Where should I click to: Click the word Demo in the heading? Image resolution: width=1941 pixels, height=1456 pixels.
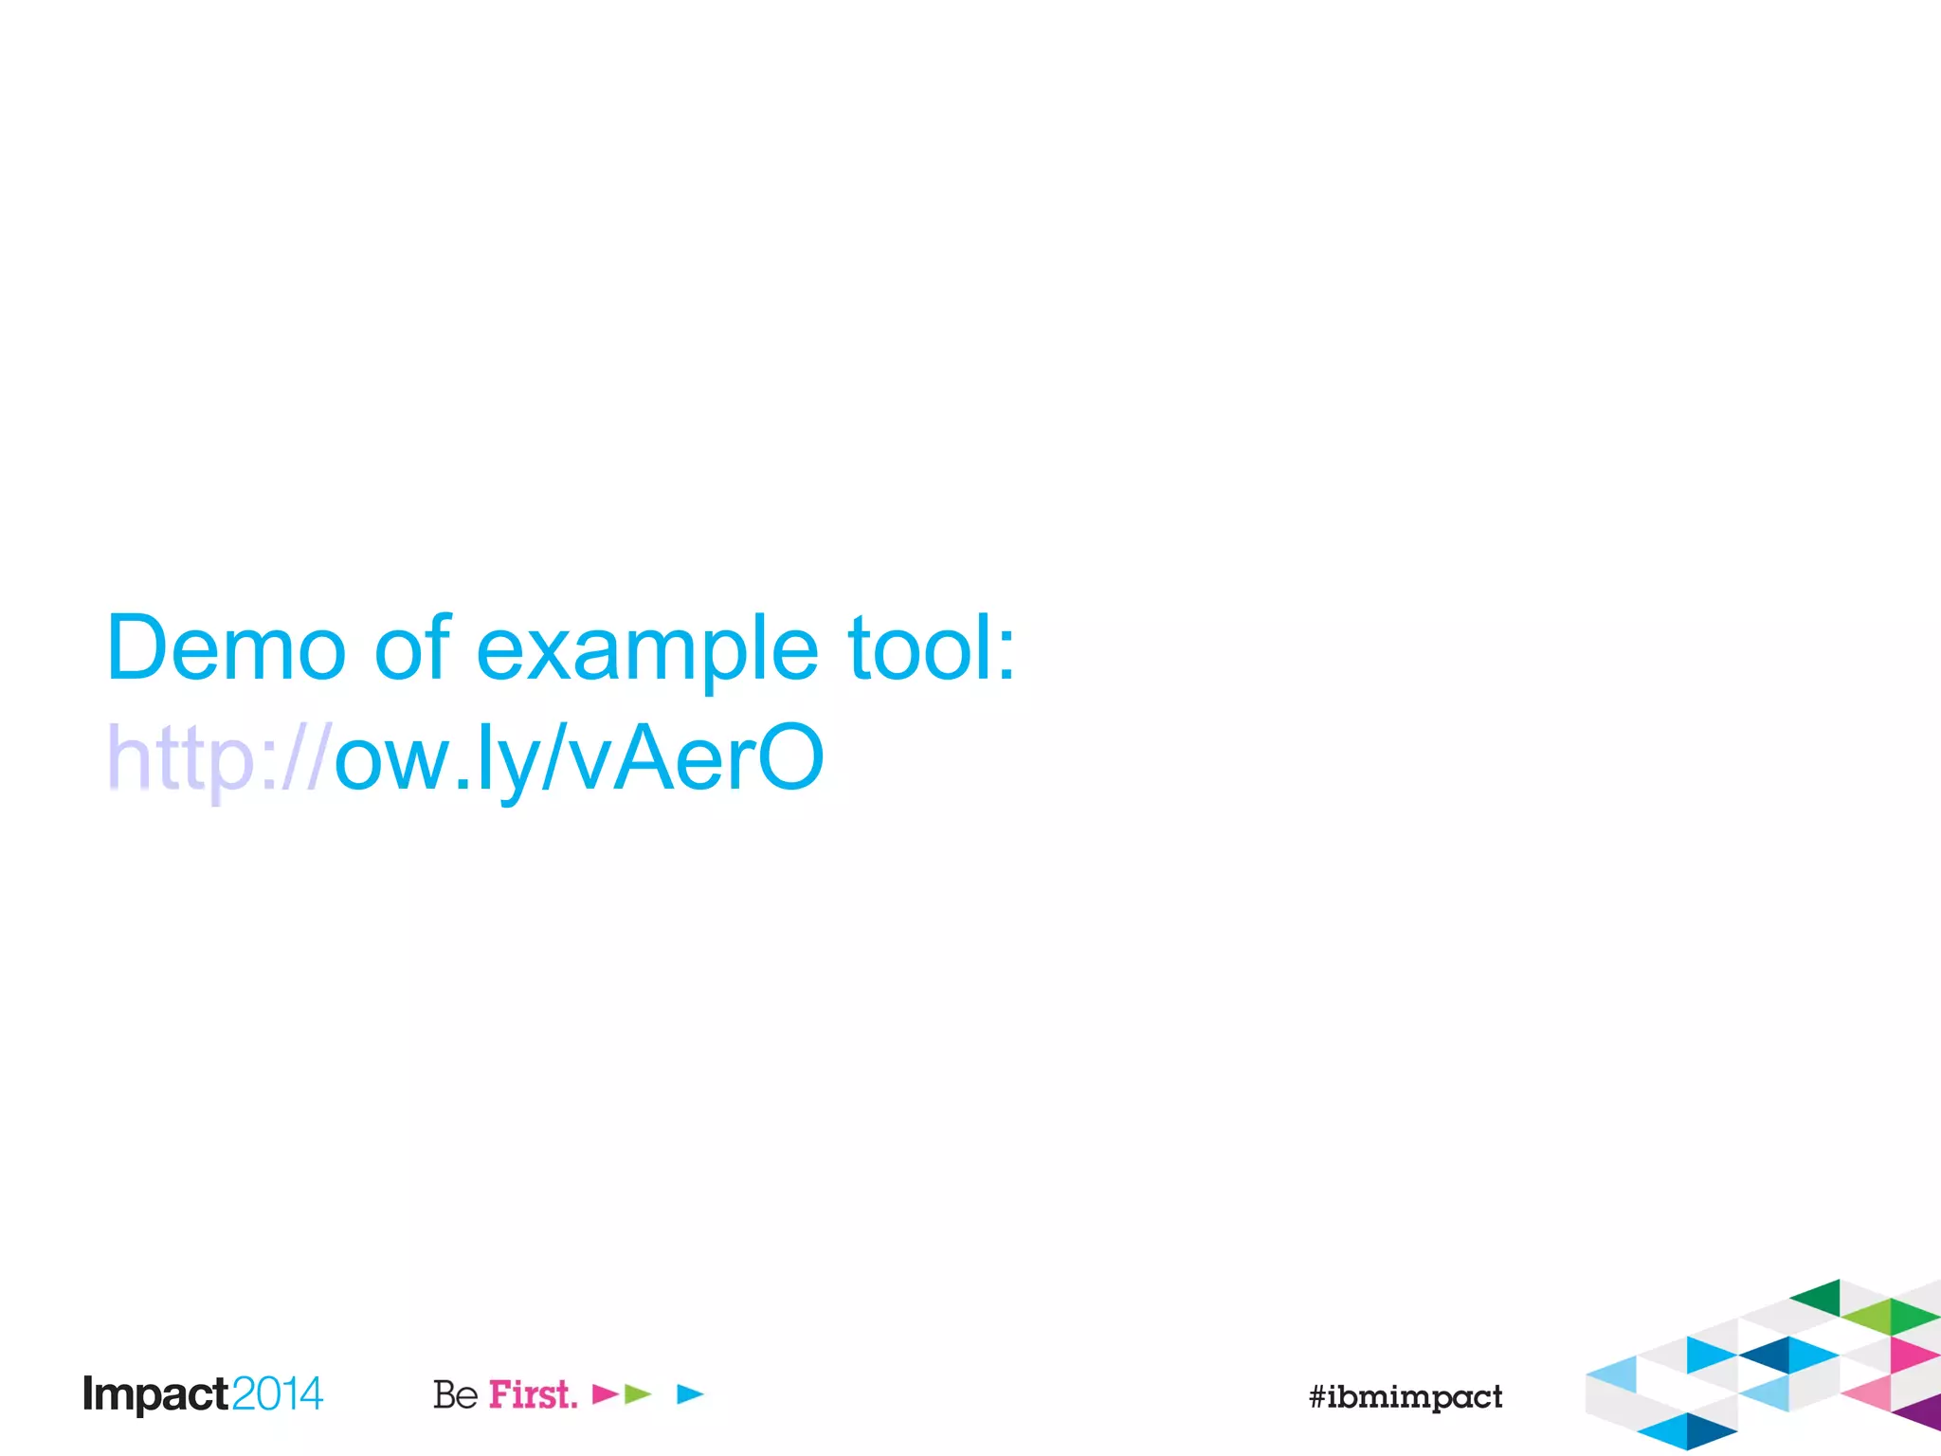226,648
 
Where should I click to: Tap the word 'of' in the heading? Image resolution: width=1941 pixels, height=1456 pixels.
412,648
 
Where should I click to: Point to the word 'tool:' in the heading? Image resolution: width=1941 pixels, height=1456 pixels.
932,648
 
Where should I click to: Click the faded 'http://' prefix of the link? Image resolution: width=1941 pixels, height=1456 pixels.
218,758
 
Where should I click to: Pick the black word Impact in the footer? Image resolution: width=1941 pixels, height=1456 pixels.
155,1394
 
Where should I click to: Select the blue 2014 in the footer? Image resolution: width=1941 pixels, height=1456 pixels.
277,1394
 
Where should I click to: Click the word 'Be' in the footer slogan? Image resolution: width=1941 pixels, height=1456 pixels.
455,1394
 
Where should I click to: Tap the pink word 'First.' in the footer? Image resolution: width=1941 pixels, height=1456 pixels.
533,1394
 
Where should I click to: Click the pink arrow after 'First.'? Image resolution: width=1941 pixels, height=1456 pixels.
604,1393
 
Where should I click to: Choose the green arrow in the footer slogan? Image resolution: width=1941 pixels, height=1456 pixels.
637,1393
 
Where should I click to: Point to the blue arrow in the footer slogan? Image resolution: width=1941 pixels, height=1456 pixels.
689,1393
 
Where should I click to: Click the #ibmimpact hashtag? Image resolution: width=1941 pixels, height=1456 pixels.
1406,1396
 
